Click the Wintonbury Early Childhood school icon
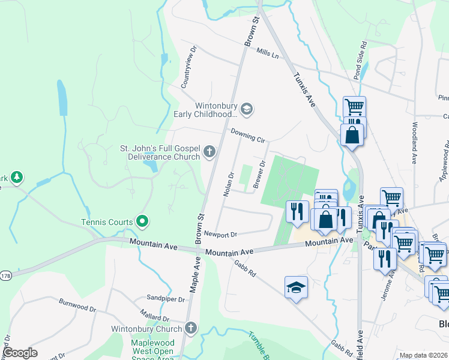pyautogui.click(x=246, y=109)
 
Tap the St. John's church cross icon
pyautogui.click(x=209, y=151)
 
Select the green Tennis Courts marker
pyautogui.click(x=142, y=222)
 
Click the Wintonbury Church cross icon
pyautogui.click(x=191, y=328)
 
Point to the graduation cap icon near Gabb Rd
pyautogui.click(x=296, y=287)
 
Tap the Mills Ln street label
pyautogui.click(x=268, y=55)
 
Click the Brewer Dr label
pyautogui.click(x=260, y=174)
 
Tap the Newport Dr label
pyautogui.click(x=221, y=234)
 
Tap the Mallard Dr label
pyautogui.click(x=156, y=317)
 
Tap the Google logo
pyautogui.click(x=20, y=353)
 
